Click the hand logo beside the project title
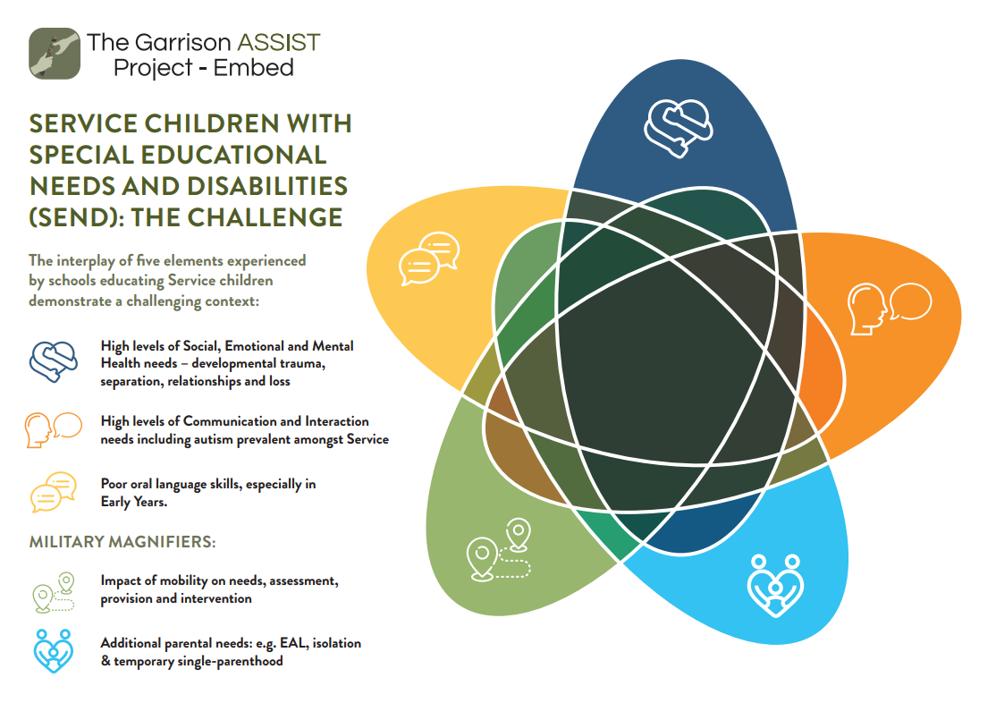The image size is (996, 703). pyautogui.click(x=55, y=54)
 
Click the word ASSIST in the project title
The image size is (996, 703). pyautogui.click(x=278, y=43)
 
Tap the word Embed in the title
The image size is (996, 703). pyautogui.click(x=253, y=67)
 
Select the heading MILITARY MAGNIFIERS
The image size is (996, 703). pyautogui.click(x=122, y=541)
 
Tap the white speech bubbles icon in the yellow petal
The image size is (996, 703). pyautogui.click(x=429, y=258)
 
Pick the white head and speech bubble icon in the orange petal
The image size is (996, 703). pyautogui.click(x=890, y=309)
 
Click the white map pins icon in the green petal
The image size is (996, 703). pyautogui.click(x=499, y=549)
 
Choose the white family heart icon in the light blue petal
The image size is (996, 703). pyautogui.click(x=775, y=586)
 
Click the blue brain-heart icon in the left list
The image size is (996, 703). pyautogui.click(x=54, y=361)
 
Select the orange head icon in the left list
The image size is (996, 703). pyautogui.click(x=54, y=430)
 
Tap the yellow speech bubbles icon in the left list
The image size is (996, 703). pyautogui.click(x=54, y=492)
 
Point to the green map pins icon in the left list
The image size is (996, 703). pyautogui.click(x=54, y=592)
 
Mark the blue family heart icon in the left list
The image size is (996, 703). pyautogui.click(x=54, y=651)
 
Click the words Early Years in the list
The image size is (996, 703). pyautogui.click(x=134, y=502)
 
